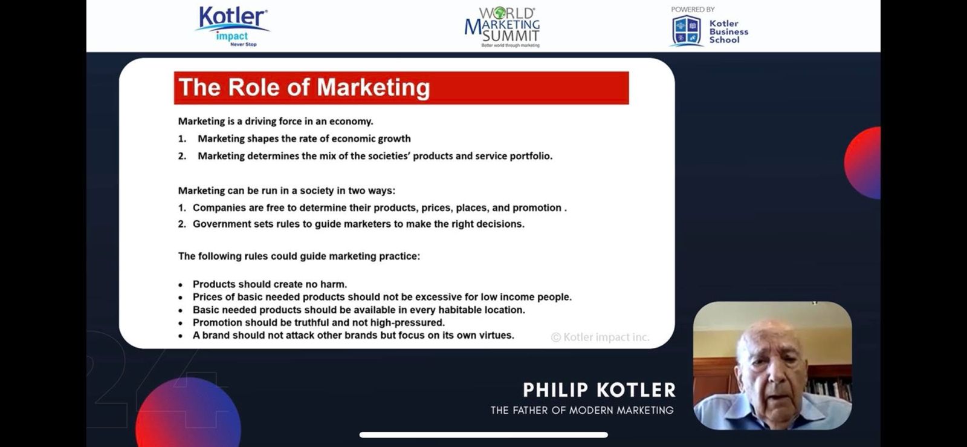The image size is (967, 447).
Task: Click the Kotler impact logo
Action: click(232, 26)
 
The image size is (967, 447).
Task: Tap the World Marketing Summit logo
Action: click(502, 27)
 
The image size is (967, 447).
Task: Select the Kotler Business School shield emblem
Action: click(687, 31)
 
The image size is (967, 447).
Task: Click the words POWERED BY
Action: click(693, 10)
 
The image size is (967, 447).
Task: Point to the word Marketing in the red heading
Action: click(373, 88)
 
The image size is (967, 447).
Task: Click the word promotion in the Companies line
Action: click(537, 207)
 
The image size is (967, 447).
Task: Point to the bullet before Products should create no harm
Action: click(181, 285)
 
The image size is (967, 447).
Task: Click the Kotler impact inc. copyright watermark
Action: click(600, 338)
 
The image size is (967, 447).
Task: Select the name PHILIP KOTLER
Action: click(599, 390)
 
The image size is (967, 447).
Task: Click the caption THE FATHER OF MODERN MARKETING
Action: click(582, 410)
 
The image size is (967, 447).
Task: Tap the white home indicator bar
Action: click(483, 435)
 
